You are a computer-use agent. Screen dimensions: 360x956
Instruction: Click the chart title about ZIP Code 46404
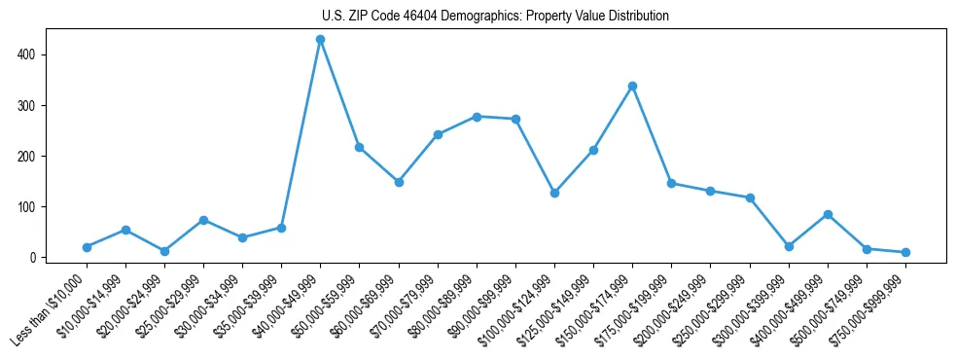[x=495, y=16]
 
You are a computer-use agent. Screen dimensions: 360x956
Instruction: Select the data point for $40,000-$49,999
[x=320, y=40]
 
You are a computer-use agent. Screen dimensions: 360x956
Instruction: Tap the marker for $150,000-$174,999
[x=632, y=86]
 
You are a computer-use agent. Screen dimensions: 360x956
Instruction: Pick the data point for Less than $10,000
[x=87, y=247]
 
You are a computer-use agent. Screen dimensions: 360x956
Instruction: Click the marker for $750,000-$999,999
[x=905, y=252]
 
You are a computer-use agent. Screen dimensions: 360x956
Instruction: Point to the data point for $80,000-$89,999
[x=477, y=117]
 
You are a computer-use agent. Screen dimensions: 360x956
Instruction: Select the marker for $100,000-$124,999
[x=554, y=193]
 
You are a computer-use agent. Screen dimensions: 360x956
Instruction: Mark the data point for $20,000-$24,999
[x=164, y=251]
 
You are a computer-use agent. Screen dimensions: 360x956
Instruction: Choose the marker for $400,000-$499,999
[x=828, y=214]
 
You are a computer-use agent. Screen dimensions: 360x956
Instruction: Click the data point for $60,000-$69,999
[x=399, y=182]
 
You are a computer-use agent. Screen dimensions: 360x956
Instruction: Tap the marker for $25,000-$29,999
[x=203, y=220]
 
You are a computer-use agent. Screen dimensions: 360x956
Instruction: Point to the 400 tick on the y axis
[x=28, y=54]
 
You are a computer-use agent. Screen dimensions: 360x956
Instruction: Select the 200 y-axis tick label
[x=28, y=156]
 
